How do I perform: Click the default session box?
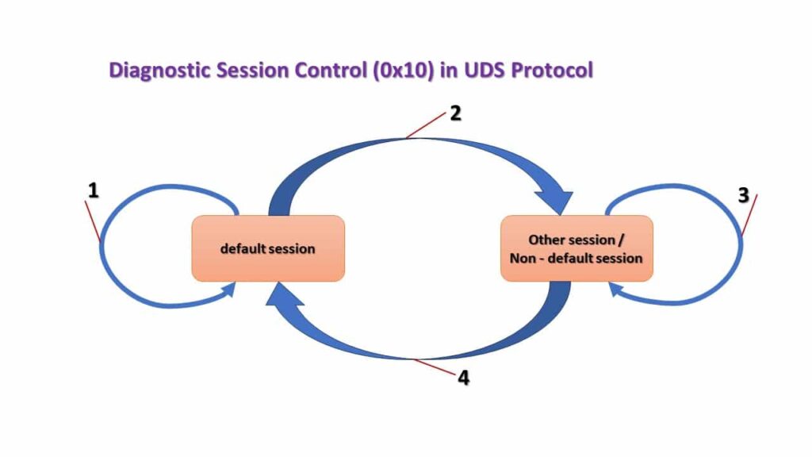point(268,248)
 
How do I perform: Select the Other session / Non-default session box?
point(576,248)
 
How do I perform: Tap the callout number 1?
point(93,191)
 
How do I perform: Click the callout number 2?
point(455,113)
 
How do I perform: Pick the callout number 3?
point(743,195)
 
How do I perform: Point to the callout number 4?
point(463,378)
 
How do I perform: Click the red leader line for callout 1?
point(93,221)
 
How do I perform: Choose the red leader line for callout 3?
point(749,215)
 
